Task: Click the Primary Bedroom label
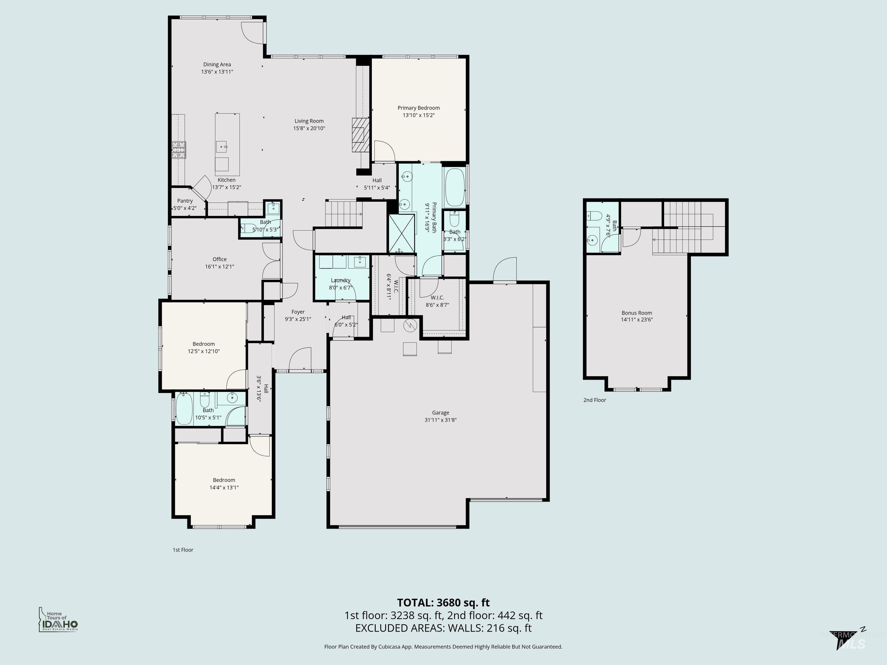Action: click(x=418, y=108)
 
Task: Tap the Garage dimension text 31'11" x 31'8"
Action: click(x=440, y=420)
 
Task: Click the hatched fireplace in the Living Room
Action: click(x=360, y=135)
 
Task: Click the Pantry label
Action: click(x=185, y=201)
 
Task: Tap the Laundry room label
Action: click(x=340, y=280)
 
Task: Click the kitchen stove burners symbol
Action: click(x=179, y=150)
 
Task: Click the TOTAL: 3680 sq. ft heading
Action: click(x=443, y=602)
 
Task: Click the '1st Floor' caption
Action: click(x=183, y=550)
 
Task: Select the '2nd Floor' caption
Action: click(x=594, y=400)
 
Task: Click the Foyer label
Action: click(x=298, y=312)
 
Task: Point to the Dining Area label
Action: click(x=217, y=65)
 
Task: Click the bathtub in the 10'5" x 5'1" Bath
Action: click(x=184, y=408)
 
